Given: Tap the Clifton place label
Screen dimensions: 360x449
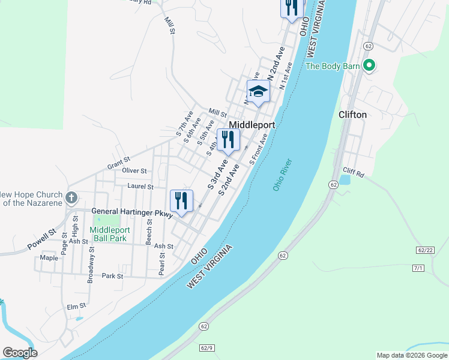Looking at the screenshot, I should point(352,115).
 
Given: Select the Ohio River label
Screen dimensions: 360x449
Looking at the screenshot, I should point(282,175).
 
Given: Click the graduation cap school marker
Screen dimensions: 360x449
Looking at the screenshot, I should point(258,92).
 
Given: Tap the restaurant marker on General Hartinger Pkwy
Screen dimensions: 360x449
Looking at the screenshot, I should point(181,201).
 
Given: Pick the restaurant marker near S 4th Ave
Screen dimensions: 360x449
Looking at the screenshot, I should point(228,140).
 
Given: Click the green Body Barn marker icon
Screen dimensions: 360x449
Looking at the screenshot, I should point(370,65).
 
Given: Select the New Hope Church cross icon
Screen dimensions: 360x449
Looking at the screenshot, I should point(71,197).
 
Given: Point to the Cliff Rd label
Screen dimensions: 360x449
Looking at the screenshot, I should point(353,174).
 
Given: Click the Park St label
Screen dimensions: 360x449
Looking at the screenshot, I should point(112,276).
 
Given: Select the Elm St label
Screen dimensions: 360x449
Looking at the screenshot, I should point(76,307).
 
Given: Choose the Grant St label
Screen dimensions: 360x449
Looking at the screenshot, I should point(118,162).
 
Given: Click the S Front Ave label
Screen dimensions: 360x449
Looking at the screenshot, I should point(259,149).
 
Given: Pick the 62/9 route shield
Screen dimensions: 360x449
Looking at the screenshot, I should point(207,347).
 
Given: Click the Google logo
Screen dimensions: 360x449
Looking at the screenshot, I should point(20,353).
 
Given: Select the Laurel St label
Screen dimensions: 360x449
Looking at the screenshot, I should point(137,187).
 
